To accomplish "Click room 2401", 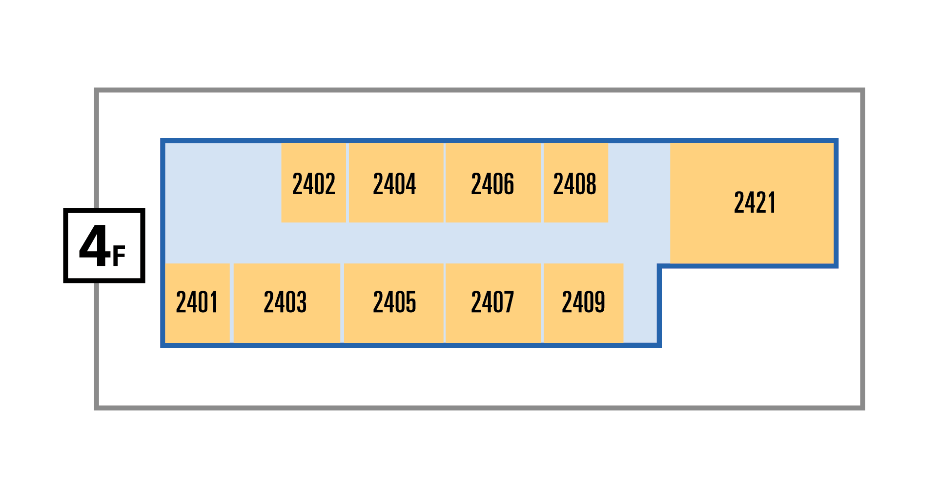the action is (x=197, y=303).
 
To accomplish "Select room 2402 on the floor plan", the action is (x=314, y=183).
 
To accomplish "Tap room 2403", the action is (x=287, y=303).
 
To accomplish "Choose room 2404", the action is (x=396, y=183).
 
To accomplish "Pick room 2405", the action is (x=394, y=303).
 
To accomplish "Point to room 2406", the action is (x=493, y=183).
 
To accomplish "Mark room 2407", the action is (x=493, y=303).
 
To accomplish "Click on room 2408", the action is (x=576, y=183).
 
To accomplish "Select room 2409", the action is (x=584, y=303).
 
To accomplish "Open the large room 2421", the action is (x=752, y=203).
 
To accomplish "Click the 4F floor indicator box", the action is (x=104, y=245).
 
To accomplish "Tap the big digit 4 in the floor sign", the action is (x=95, y=246).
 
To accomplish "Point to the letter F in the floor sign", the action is (x=119, y=256).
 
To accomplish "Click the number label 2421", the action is (x=755, y=203).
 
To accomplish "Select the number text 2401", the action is (x=197, y=302).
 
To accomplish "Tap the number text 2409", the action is (x=584, y=302).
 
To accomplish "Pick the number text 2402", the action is (x=314, y=184).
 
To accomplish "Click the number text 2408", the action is (x=575, y=184).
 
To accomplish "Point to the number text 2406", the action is (x=493, y=184).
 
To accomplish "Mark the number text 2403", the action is (x=286, y=302).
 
